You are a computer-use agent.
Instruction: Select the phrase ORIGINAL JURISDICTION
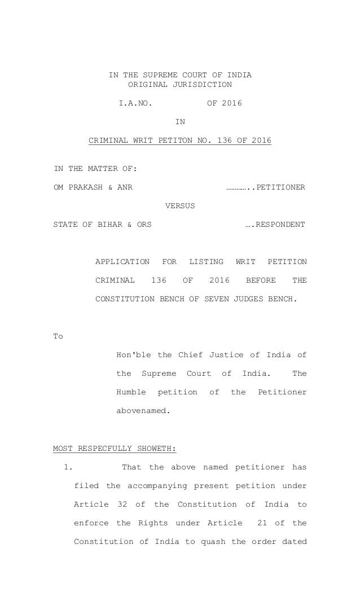tap(180, 85)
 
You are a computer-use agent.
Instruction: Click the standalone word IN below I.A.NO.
tap(180, 122)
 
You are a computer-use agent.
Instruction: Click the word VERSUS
tap(180, 206)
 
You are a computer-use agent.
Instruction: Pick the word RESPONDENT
tap(279, 225)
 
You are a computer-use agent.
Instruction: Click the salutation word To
tap(58, 336)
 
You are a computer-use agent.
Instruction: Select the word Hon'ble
tap(133, 355)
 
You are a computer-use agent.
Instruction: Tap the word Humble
tap(131, 392)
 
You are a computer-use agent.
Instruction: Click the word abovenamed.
tap(143, 411)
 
